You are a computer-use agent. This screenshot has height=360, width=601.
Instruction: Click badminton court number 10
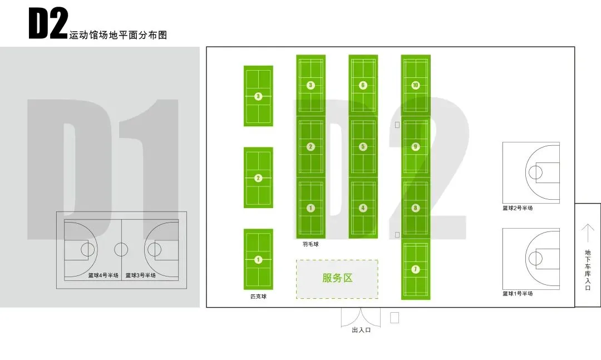(x=415, y=85)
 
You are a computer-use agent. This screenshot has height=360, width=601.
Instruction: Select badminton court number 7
(x=415, y=269)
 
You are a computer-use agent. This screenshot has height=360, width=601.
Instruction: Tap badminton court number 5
(x=363, y=147)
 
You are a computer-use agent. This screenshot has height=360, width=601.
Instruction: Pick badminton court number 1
(x=311, y=208)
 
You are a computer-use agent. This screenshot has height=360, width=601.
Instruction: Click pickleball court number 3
(x=258, y=96)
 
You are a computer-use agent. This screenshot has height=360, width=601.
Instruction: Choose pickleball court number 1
(x=258, y=259)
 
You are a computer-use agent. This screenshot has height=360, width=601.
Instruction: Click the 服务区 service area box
(x=337, y=278)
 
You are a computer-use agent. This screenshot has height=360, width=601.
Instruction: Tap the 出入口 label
(x=361, y=330)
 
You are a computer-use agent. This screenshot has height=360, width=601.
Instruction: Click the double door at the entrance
(x=361, y=317)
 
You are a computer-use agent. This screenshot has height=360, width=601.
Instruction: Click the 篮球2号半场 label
(x=518, y=208)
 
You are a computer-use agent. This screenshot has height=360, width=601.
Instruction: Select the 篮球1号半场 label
(x=518, y=293)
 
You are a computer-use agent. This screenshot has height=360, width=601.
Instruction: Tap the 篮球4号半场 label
(x=103, y=275)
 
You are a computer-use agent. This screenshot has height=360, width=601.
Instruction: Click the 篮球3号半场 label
(x=140, y=275)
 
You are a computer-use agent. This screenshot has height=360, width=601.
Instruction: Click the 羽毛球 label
(x=311, y=244)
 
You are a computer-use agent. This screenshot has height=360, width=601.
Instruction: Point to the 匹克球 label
(x=258, y=297)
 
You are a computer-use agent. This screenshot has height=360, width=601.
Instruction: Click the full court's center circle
(x=121, y=249)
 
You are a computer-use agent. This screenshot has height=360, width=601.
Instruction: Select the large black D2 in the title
(x=48, y=25)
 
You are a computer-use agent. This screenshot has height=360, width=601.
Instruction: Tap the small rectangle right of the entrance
(x=395, y=318)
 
